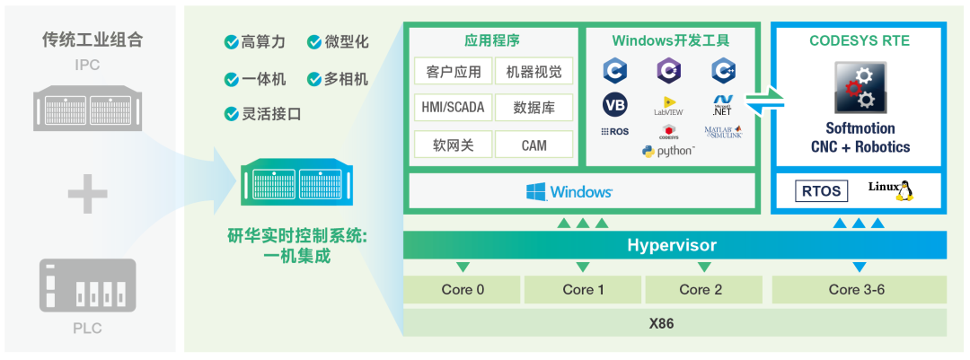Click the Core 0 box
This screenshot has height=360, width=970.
click(463, 289)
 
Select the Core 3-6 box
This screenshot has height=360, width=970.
click(859, 289)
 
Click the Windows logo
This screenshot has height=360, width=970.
click(537, 191)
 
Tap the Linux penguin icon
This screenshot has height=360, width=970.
click(904, 189)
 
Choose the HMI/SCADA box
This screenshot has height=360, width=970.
click(452, 108)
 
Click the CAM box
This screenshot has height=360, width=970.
click(533, 145)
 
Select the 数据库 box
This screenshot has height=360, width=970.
click(533, 108)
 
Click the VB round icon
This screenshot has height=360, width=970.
click(615, 105)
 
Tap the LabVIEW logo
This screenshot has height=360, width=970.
click(669, 106)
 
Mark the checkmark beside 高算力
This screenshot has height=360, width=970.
click(231, 42)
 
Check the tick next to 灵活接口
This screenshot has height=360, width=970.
click(231, 114)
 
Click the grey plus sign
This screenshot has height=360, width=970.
click(87, 195)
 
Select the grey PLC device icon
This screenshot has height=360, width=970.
click(87, 285)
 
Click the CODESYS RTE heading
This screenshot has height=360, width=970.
click(859, 40)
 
